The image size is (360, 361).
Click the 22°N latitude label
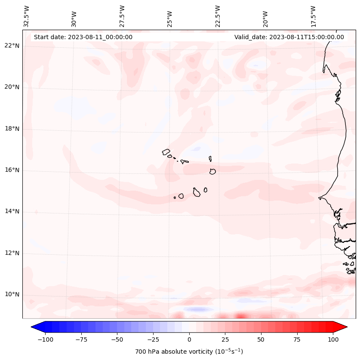click(x=12, y=46)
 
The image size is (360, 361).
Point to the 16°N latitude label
click(x=12, y=170)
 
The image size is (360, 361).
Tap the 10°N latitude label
click(x=12, y=295)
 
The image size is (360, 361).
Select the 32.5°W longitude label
click(x=27, y=16)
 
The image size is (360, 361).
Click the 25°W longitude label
click(x=170, y=17)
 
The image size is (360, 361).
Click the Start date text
click(x=83, y=37)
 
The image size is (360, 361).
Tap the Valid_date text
click(x=289, y=37)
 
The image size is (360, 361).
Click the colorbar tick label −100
click(x=45, y=339)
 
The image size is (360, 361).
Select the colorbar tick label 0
click(x=189, y=339)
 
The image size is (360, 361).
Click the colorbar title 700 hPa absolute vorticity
click(x=189, y=352)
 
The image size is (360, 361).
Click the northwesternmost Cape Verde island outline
click(x=166, y=152)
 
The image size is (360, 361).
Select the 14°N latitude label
click(x=12, y=211)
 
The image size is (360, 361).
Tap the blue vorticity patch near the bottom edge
click(x=198, y=309)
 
